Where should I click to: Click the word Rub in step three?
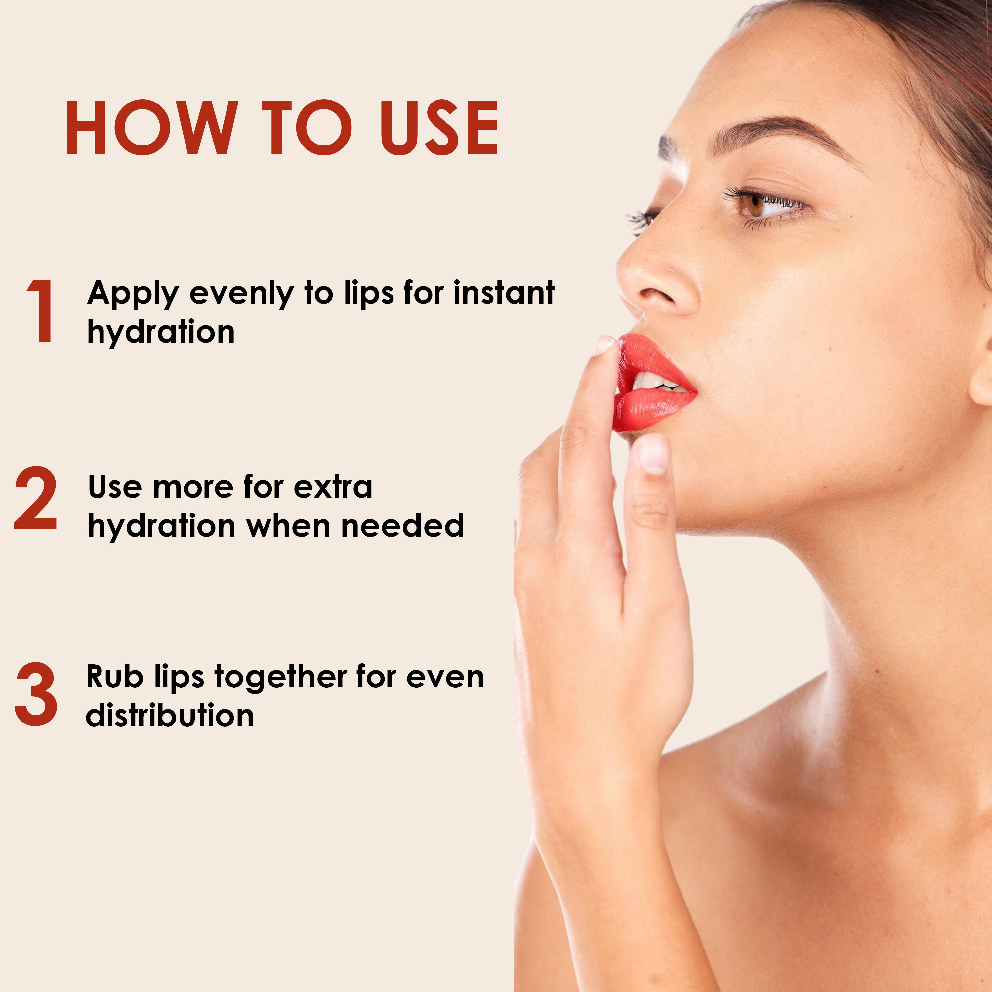pos(114,677)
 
